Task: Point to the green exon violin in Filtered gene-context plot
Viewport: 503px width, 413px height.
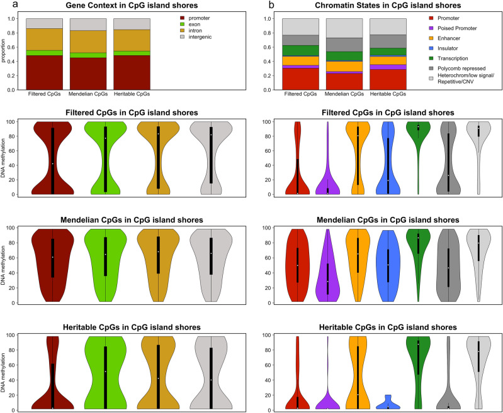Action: click(x=105, y=157)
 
